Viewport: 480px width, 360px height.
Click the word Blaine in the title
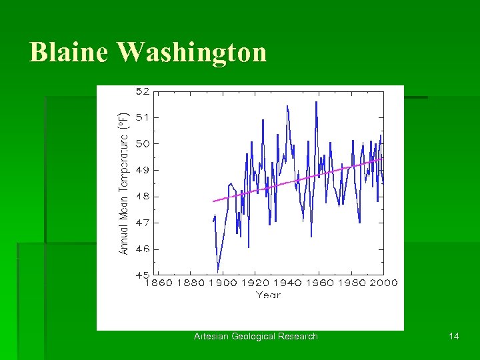pos(69,52)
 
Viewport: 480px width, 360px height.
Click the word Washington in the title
pos(192,52)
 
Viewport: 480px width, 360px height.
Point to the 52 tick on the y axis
pos(143,91)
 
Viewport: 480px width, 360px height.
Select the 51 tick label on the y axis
pos(143,117)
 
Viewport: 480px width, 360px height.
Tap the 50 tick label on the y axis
pos(143,143)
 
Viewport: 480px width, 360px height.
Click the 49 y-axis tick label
pos(143,170)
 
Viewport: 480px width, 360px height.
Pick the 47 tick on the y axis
pos(143,223)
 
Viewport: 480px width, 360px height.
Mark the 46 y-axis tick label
pos(143,249)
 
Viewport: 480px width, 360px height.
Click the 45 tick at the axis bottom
pos(143,275)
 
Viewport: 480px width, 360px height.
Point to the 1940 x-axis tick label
pos(287,283)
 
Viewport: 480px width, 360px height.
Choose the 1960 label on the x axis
pos(319,283)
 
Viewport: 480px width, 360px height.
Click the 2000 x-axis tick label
pos(383,283)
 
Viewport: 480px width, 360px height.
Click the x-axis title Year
pos(268,295)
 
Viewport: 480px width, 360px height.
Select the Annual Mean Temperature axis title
pos(123,182)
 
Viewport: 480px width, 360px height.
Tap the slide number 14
pos(454,336)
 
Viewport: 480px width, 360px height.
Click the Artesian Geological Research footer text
pos(256,336)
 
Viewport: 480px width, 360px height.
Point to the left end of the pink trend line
pos(213,201)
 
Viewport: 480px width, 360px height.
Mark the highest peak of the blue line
pos(316,101)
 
